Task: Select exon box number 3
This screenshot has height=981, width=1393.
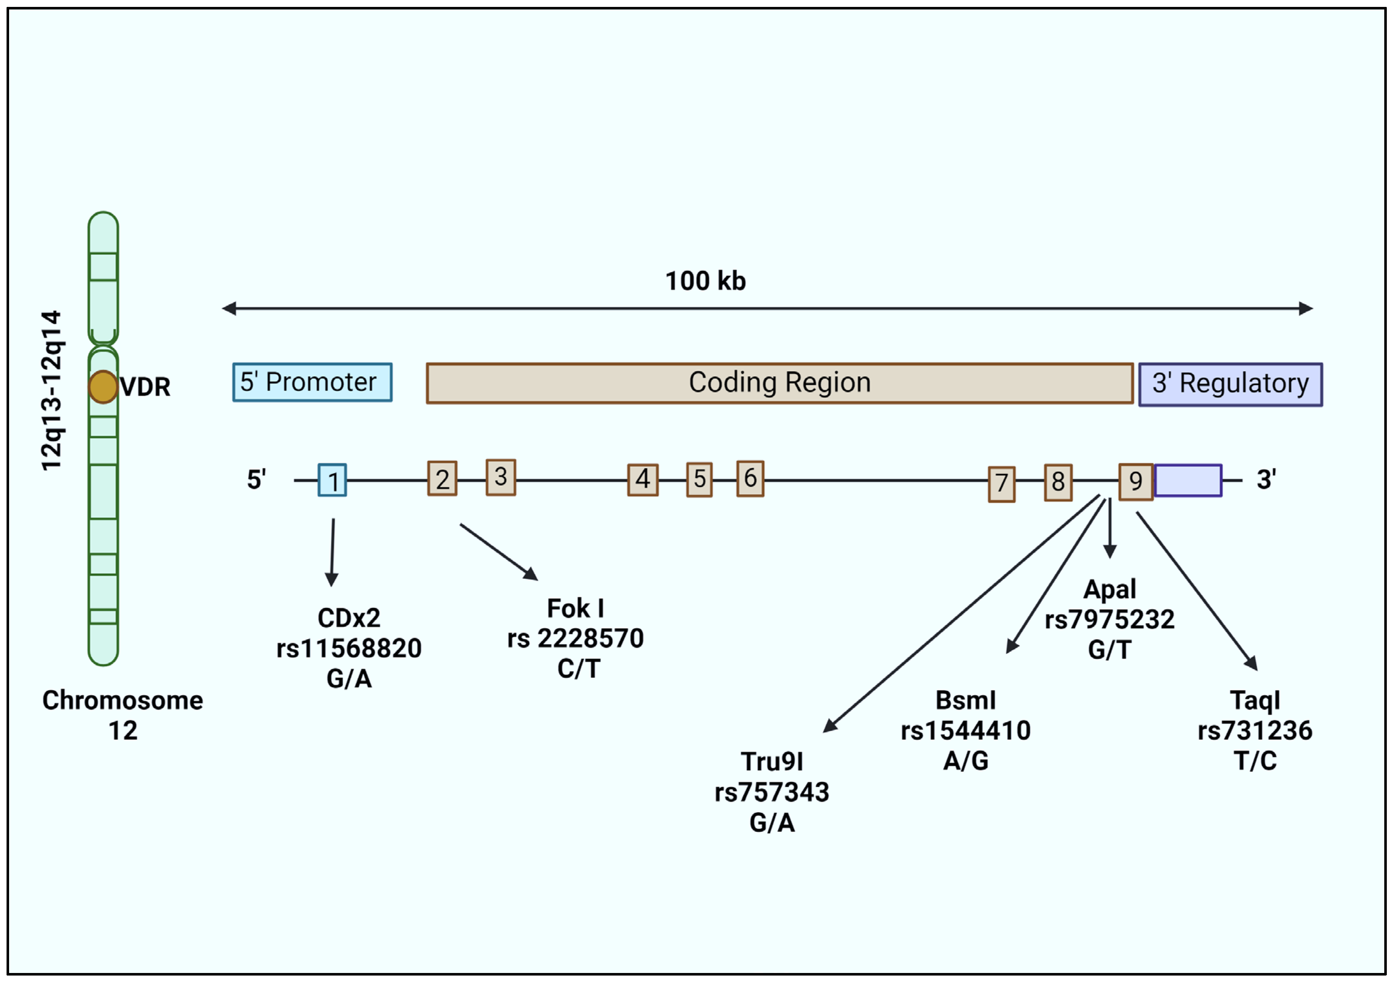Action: tap(500, 477)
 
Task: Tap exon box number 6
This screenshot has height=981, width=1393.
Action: tap(750, 479)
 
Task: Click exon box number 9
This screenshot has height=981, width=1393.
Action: tap(1135, 481)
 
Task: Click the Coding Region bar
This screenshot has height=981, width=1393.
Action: tap(779, 383)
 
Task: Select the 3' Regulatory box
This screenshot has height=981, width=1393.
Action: tap(1230, 384)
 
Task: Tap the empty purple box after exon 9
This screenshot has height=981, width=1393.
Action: tap(1187, 481)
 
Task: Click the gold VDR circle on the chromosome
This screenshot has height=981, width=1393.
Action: tap(103, 387)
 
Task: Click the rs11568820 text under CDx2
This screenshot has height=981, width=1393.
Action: tap(349, 648)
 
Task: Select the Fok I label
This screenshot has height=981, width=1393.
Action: tap(575, 608)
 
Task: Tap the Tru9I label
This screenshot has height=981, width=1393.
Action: tap(772, 761)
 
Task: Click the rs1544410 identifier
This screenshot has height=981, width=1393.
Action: tap(965, 730)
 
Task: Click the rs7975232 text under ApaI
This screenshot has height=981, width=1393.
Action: tap(1109, 619)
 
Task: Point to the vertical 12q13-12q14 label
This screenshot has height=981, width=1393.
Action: tap(52, 391)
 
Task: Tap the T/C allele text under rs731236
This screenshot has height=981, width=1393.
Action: tap(1255, 761)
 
